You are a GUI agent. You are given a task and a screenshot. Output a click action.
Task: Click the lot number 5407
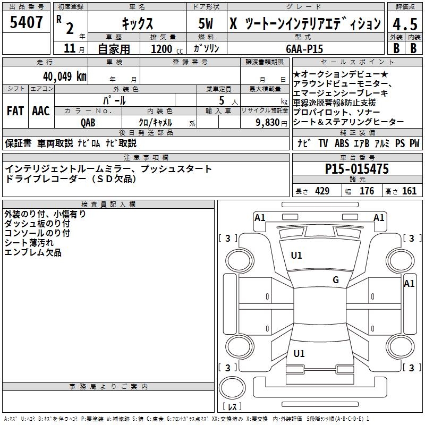click(x=27, y=23)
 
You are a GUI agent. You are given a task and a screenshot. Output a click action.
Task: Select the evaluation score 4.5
click(x=404, y=24)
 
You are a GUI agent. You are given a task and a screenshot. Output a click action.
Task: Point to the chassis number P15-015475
click(x=357, y=169)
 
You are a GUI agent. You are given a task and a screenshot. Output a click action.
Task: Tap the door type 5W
click(x=207, y=24)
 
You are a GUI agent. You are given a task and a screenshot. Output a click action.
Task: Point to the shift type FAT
click(x=15, y=111)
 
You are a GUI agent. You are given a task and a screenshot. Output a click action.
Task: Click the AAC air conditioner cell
click(x=41, y=111)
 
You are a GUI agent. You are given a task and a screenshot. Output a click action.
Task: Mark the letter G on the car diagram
click(x=335, y=280)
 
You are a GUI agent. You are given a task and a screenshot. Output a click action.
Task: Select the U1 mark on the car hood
click(x=296, y=256)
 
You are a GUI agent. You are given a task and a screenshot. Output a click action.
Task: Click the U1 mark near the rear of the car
click(x=299, y=353)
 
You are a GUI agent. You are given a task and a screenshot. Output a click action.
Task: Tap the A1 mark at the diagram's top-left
click(x=260, y=217)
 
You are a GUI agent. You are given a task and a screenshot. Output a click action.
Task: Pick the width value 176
click(x=367, y=191)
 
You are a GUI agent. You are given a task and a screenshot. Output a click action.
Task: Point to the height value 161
click(x=410, y=191)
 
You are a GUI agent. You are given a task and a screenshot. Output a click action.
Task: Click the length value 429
click(x=322, y=191)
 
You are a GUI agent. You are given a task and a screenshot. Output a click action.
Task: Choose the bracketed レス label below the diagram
click(x=232, y=407)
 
